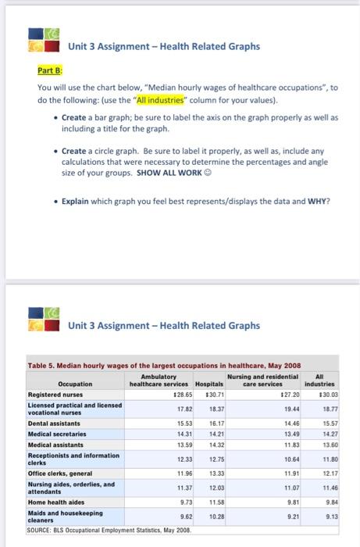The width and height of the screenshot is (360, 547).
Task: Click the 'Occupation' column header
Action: click(x=75, y=384)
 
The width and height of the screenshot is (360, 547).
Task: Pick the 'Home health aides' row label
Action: click(x=55, y=502)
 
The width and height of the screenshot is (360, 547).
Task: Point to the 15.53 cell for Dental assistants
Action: click(x=163, y=422)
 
